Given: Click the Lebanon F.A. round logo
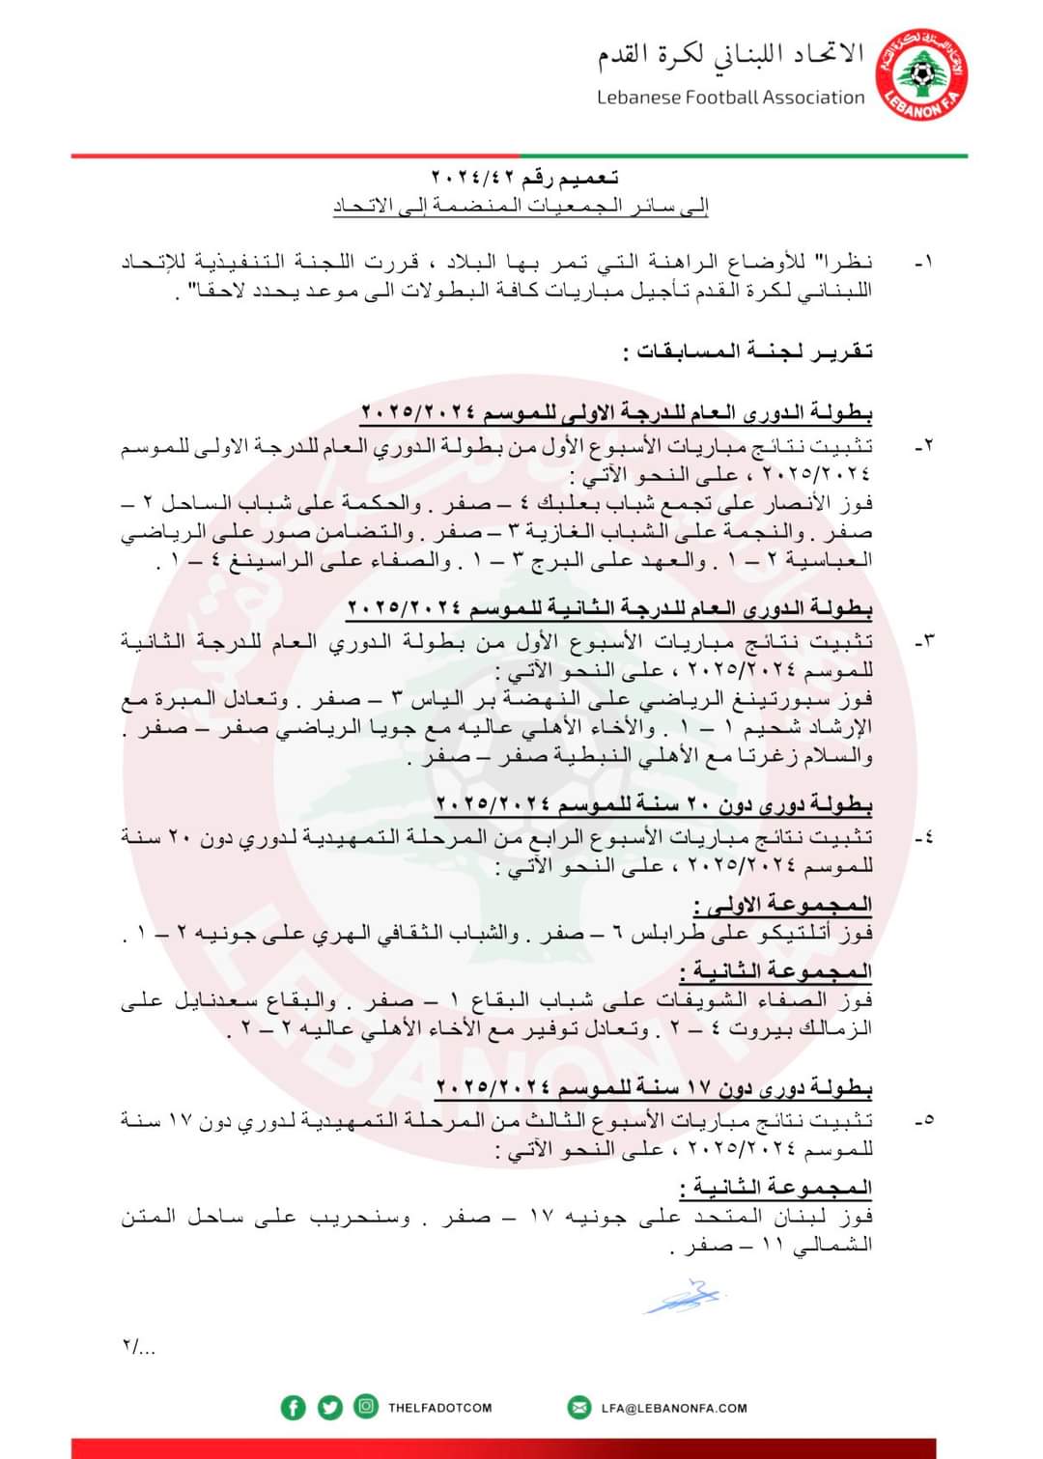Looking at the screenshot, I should click(x=922, y=74).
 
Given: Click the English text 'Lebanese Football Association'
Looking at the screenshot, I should click(x=730, y=98).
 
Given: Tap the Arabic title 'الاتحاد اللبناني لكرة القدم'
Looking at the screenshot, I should click(x=730, y=55).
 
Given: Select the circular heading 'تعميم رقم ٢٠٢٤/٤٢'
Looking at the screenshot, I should click(x=524, y=179).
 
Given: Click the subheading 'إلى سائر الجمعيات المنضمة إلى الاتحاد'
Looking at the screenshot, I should click(x=521, y=206).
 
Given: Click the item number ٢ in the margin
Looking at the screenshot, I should click(x=924, y=446).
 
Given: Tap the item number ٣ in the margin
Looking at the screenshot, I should click(x=924, y=642).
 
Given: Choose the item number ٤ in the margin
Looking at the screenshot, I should click(x=924, y=837).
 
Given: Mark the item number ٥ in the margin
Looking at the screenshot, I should click(x=924, y=1121).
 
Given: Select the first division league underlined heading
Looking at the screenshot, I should click(x=616, y=413).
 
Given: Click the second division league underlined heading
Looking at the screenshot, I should click(x=609, y=609).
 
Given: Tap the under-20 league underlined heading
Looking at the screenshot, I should click(x=654, y=804).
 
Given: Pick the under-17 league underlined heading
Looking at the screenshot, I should click(x=654, y=1088).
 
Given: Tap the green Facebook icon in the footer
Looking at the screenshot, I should click(x=293, y=1408).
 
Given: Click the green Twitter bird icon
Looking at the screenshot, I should click(x=330, y=1408).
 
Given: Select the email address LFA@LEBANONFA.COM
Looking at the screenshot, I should click(x=674, y=1408).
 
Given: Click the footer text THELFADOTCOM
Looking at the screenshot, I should click(x=439, y=1408).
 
